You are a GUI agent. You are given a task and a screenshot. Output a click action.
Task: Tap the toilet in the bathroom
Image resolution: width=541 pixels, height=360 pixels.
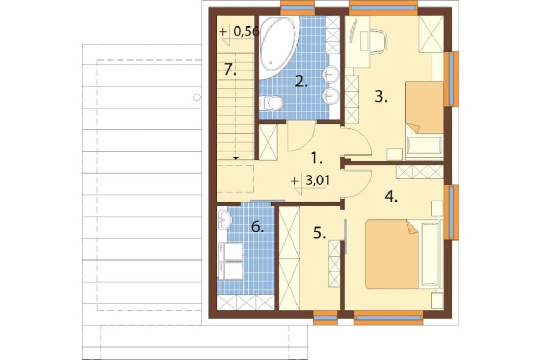272,103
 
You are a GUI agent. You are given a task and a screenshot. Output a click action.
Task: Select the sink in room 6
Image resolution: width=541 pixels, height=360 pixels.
225,219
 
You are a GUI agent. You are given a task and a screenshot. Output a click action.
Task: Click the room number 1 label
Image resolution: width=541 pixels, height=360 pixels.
316,158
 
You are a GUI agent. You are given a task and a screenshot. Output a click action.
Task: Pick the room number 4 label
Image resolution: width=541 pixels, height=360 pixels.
391,197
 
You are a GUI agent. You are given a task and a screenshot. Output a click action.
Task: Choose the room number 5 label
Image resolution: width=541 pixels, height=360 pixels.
320,233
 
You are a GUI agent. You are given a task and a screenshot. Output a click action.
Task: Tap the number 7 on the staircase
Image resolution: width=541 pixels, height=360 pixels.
230,70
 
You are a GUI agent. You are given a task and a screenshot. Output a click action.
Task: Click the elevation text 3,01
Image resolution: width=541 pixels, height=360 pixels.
318,181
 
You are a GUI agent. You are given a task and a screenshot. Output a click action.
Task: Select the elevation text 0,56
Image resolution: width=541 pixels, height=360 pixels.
246,32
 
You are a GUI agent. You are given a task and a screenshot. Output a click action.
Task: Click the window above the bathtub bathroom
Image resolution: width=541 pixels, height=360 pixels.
298,7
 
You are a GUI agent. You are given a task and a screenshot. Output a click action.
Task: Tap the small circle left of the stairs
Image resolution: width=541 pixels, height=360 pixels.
197,97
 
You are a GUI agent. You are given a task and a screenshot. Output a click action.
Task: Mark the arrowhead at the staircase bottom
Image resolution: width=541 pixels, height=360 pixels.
236,158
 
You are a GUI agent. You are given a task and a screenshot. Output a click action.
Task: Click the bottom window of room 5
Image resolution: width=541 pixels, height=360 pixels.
325,318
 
